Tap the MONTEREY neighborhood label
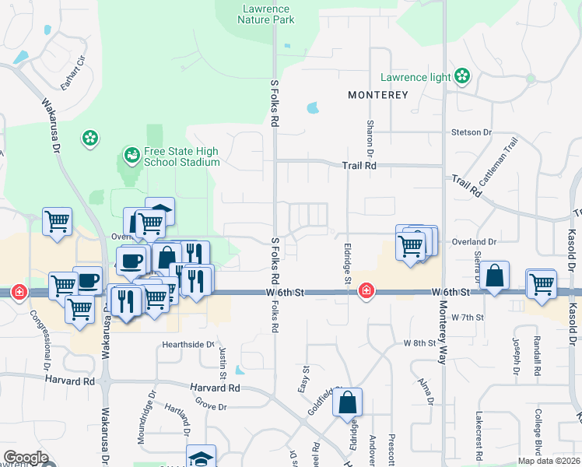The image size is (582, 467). click(378, 95)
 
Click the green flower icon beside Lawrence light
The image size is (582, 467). click(463, 76)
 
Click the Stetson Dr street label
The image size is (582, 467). click(472, 132)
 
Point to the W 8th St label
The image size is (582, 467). click(418, 343)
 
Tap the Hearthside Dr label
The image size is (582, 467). click(188, 344)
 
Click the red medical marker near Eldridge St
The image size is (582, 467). click(363, 292)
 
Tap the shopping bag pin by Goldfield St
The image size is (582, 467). click(349, 403)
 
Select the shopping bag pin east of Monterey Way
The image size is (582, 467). click(494, 276)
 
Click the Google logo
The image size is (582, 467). click(26, 458)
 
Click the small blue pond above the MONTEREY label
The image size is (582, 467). click(313, 108)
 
